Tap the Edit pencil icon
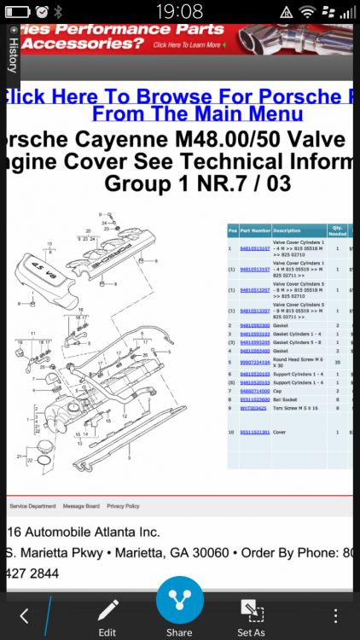pos(107,611)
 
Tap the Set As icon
pos(250,611)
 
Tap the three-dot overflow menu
pos(336,615)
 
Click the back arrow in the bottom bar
pos(24,615)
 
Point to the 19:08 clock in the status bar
pos(180,11)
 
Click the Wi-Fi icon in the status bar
pos(306,11)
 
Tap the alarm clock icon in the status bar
pos(42,11)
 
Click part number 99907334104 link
pos(254,362)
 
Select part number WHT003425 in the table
pos(254,408)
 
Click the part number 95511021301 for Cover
pos(254,433)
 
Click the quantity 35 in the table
pos(339,362)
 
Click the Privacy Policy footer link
pos(123,506)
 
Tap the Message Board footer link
pos(81,506)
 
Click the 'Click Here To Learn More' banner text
pos(189,44)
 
